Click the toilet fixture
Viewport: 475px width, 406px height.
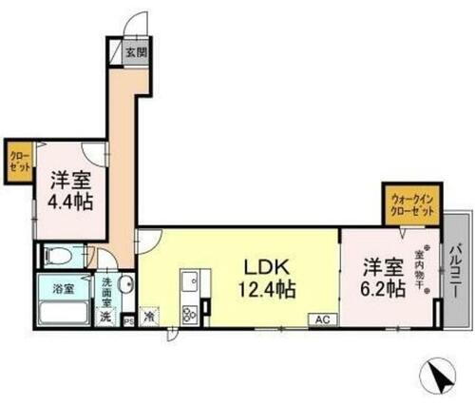pyautogui.click(x=59, y=255)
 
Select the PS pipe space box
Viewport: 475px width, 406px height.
pyautogui.click(x=129, y=321)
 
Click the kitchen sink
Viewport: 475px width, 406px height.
pyautogui.click(x=189, y=283)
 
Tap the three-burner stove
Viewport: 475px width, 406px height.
pyautogui.click(x=188, y=311)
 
